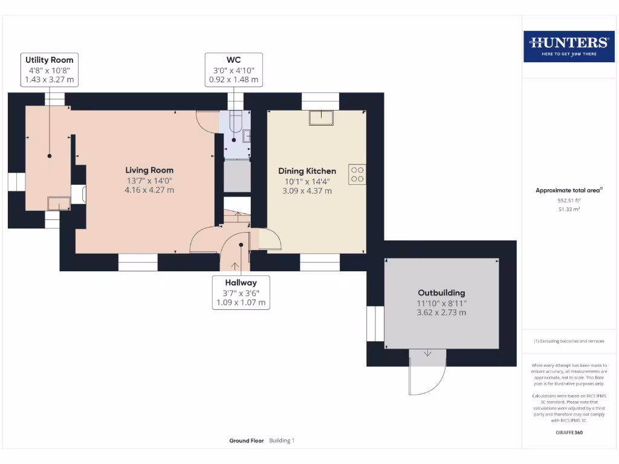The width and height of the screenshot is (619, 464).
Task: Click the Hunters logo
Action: (568, 46)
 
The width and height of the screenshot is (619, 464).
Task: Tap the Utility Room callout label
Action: (49, 69)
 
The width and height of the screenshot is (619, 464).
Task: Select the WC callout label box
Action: (233, 69)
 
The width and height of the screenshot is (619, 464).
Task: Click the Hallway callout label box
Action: (241, 292)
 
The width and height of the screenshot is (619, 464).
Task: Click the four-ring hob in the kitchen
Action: (357, 174)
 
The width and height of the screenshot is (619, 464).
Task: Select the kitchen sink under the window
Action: (322, 118)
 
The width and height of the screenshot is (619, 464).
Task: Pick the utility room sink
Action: (59, 204)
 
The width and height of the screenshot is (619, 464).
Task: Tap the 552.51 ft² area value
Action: (568, 200)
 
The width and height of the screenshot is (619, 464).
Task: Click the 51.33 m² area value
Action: (568, 209)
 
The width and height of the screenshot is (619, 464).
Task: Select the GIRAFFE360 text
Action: (568, 433)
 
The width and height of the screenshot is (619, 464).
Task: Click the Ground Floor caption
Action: (247, 441)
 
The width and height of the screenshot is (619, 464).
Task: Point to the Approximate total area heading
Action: (568, 190)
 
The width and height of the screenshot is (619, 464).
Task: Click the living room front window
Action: (138, 262)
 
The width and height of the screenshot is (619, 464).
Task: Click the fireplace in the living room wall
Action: (79, 194)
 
